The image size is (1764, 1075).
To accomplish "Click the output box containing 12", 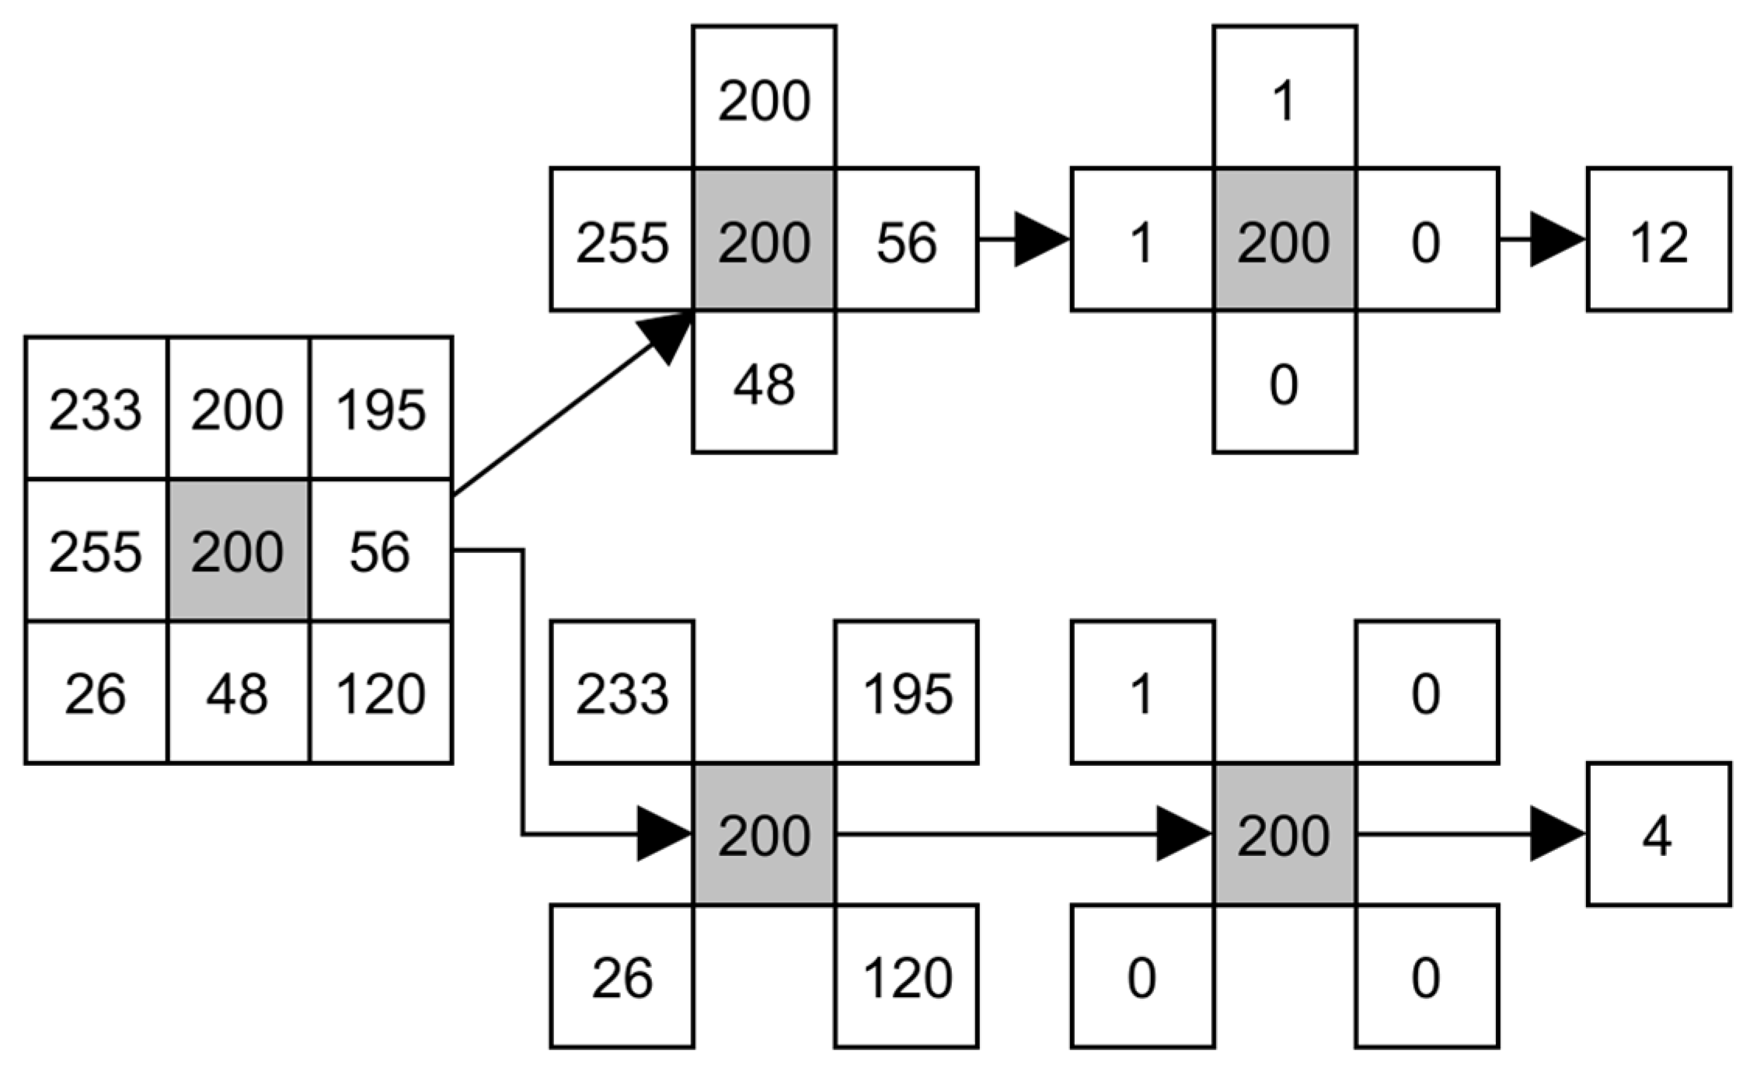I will click(1658, 239).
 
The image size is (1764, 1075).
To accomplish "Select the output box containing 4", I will click(1658, 834).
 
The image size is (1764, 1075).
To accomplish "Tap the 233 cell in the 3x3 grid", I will click(96, 409).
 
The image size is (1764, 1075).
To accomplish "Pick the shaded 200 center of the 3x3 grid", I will click(238, 551).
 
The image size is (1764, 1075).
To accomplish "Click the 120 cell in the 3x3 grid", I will click(381, 693).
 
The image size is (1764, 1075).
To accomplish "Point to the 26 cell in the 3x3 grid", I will click(96, 693).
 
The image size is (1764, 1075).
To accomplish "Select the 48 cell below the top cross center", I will click(764, 382).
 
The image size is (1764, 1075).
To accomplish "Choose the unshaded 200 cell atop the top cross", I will click(764, 98).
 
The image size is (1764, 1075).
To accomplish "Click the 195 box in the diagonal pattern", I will click(907, 692).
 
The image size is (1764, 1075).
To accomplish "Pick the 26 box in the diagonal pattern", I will click(622, 976).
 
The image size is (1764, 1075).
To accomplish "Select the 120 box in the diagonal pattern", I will click(907, 976).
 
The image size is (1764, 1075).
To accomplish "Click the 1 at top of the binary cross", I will click(1285, 98).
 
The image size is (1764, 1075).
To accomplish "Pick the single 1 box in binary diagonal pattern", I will click(1142, 692).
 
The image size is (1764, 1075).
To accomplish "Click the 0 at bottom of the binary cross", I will click(1285, 382).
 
